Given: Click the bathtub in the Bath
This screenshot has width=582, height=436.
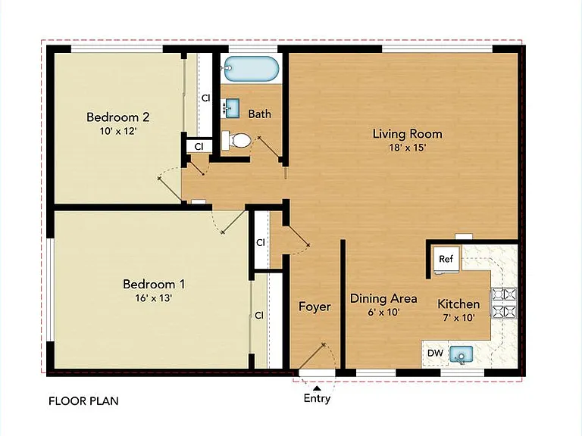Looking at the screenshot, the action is tap(252, 69).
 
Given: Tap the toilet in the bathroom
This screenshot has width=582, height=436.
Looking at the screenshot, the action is tap(237, 141).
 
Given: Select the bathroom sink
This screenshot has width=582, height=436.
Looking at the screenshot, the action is tap(232, 108).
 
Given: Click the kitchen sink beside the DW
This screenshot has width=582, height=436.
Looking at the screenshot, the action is tap(461, 354).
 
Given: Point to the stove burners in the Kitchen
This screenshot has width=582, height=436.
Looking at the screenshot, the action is tap(504, 303).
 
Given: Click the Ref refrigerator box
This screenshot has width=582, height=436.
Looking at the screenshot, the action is tap(447, 259).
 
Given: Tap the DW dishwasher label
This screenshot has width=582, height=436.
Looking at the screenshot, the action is tap(436, 353).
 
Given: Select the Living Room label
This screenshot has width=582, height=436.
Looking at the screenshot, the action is tap(407, 134).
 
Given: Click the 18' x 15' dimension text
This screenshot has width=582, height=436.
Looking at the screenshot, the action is tap(407, 148).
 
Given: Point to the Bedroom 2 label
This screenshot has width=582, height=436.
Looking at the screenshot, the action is tap(118, 117).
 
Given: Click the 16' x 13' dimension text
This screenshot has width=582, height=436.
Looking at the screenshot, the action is tap(153, 298).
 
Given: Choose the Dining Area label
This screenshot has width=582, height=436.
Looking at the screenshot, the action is tap(383, 298).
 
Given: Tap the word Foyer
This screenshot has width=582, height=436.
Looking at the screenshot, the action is tap(314, 307).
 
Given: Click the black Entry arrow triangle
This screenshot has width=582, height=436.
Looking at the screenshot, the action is tap(317, 388).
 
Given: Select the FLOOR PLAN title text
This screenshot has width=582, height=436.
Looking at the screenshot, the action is tap(83, 401).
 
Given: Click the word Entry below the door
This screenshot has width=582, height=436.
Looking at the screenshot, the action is tap(317, 399).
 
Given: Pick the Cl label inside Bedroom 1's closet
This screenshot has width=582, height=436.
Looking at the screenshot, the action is tap(259, 315).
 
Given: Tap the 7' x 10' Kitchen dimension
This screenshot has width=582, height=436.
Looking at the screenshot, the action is tap(458, 318).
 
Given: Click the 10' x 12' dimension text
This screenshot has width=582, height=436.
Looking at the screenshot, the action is tap(118, 131).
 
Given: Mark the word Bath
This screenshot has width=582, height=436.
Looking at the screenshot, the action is tap(259, 114).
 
